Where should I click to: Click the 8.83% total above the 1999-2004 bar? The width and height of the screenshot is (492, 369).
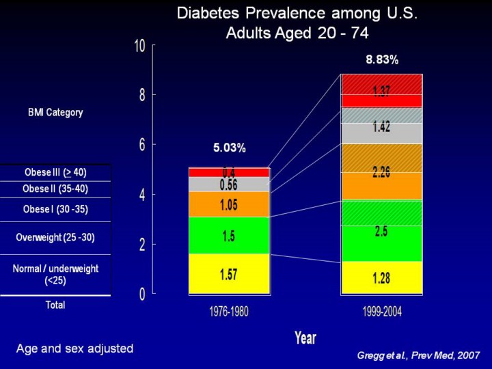click(x=382, y=60)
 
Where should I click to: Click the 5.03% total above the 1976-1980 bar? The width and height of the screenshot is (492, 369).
click(x=229, y=148)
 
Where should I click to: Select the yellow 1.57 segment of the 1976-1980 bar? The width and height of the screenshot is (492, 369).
click(x=229, y=275)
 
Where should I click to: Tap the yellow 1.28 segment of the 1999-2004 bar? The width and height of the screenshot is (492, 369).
click(x=381, y=279)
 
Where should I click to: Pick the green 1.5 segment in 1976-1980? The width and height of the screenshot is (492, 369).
click(x=229, y=236)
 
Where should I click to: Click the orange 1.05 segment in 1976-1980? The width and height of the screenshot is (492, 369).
click(x=229, y=205)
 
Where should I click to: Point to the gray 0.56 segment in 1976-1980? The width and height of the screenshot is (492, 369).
click(x=229, y=184)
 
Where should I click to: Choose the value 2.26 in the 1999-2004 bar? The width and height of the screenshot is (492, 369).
click(x=381, y=173)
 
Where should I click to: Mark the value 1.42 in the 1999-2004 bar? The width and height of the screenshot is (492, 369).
click(x=381, y=127)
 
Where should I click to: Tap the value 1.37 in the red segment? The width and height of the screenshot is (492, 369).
click(x=381, y=92)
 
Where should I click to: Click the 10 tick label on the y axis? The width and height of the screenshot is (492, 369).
click(x=140, y=46)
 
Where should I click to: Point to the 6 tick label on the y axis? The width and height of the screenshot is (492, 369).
click(x=141, y=145)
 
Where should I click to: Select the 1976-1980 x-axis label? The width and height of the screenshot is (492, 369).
click(x=228, y=312)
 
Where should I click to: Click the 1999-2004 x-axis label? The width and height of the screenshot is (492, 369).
click(x=381, y=312)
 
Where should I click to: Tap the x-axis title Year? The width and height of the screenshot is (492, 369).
click(x=305, y=338)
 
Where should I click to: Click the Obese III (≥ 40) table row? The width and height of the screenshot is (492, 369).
click(x=55, y=172)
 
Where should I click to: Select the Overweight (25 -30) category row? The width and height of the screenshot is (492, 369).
click(x=55, y=238)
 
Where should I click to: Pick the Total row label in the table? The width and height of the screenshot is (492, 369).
click(x=55, y=305)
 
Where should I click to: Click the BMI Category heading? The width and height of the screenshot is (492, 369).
click(x=55, y=112)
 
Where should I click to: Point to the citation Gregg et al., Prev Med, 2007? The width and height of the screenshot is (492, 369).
click(x=419, y=355)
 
